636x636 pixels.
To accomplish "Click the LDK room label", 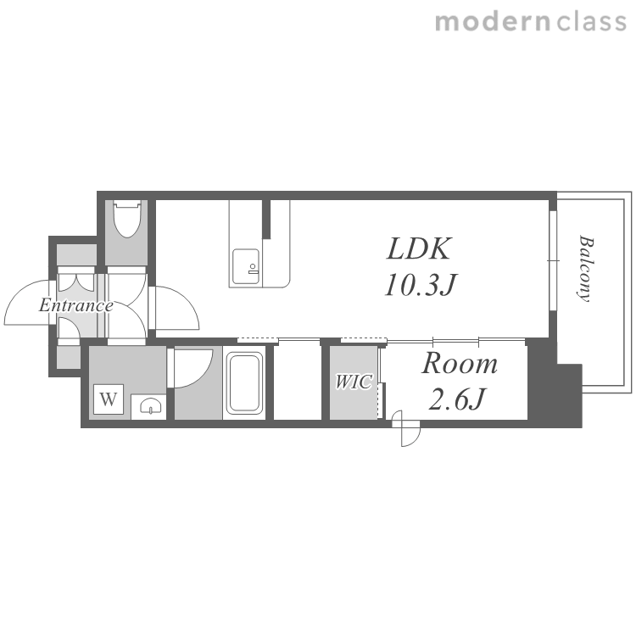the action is (418, 248).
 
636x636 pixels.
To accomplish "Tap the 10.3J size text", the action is (421, 284).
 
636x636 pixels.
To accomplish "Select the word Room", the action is (460, 364).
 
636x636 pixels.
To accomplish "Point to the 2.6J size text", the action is (456, 399).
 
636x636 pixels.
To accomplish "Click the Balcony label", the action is (585, 268).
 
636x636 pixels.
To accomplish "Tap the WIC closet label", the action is (354, 382).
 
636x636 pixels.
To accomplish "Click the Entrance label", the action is (75, 305).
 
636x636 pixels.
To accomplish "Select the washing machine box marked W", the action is (109, 399).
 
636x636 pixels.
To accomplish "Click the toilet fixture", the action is (127, 218).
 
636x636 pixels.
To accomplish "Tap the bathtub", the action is (243, 383).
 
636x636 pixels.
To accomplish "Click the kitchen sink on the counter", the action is (246, 266).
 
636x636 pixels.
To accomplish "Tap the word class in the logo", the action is (591, 22).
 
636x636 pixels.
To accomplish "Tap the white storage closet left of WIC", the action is (298, 382).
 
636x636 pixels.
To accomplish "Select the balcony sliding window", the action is (553, 260).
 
